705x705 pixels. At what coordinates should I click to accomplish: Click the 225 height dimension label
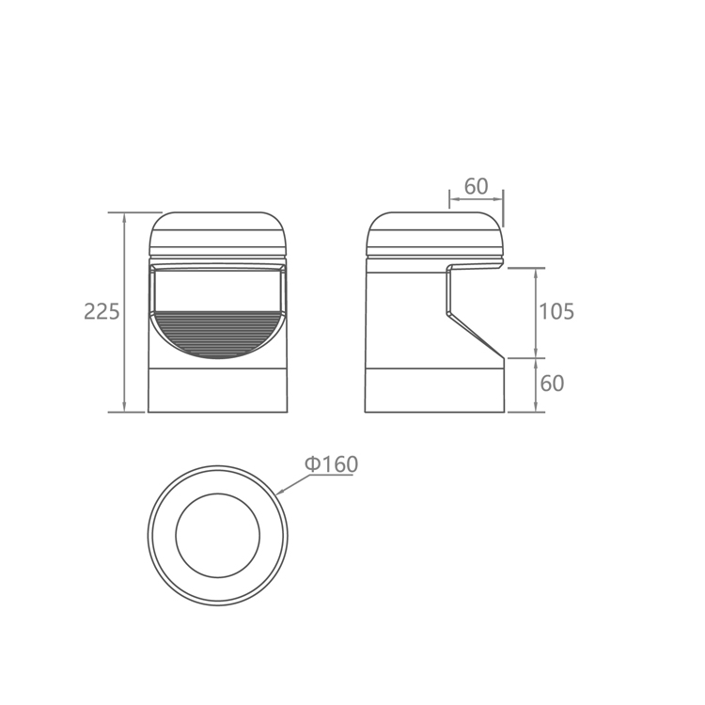[x=102, y=311]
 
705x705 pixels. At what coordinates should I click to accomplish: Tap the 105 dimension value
[x=556, y=311]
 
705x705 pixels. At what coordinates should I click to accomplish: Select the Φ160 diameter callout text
[x=332, y=464]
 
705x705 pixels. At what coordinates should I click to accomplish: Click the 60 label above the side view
[x=477, y=186]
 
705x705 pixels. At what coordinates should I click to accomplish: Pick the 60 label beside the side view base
[x=552, y=384]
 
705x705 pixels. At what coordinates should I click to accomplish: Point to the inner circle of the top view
[x=218, y=493]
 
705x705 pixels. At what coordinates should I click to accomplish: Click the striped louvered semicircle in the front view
[x=218, y=334]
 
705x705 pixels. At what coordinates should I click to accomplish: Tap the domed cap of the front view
[x=218, y=234]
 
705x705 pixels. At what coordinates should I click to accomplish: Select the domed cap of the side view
[x=434, y=234]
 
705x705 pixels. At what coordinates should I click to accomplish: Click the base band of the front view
[x=218, y=390]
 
